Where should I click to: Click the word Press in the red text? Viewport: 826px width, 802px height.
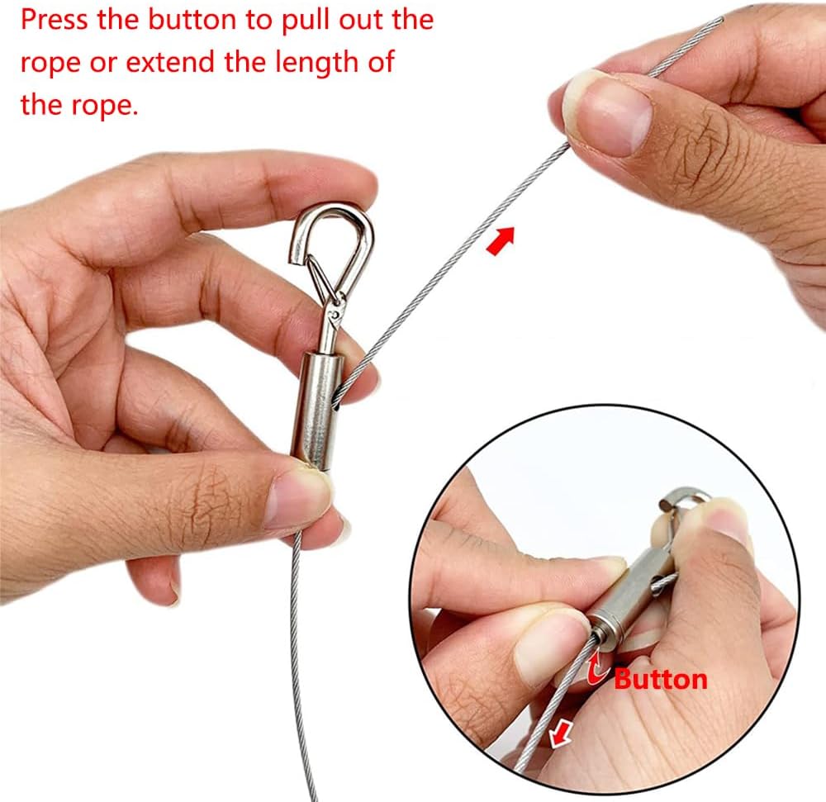[x=54, y=20]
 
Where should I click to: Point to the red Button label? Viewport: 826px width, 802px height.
[x=660, y=679]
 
